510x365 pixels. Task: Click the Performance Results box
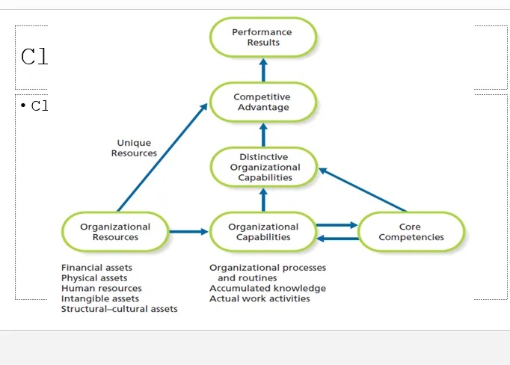[x=263, y=37]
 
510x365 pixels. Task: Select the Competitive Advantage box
[x=262, y=102]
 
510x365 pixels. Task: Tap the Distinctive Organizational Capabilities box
[x=263, y=167]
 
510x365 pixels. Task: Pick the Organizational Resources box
[x=115, y=232]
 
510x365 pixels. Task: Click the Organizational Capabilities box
[x=262, y=232]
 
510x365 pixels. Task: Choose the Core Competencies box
[x=411, y=232]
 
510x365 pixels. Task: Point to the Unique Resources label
[x=134, y=148]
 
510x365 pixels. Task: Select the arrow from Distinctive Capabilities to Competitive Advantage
[x=263, y=135]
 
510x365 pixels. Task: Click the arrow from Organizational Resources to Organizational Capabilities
[x=188, y=232]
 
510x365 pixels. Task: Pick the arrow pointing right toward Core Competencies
[x=337, y=224]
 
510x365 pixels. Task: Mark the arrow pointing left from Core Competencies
[x=337, y=239]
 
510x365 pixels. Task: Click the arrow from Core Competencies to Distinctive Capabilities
[x=363, y=190]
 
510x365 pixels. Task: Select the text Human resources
[x=101, y=289]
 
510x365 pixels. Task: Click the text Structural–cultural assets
[x=120, y=309]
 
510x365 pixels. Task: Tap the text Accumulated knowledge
[x=268, y=289]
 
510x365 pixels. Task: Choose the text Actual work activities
[x=259, y=299]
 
